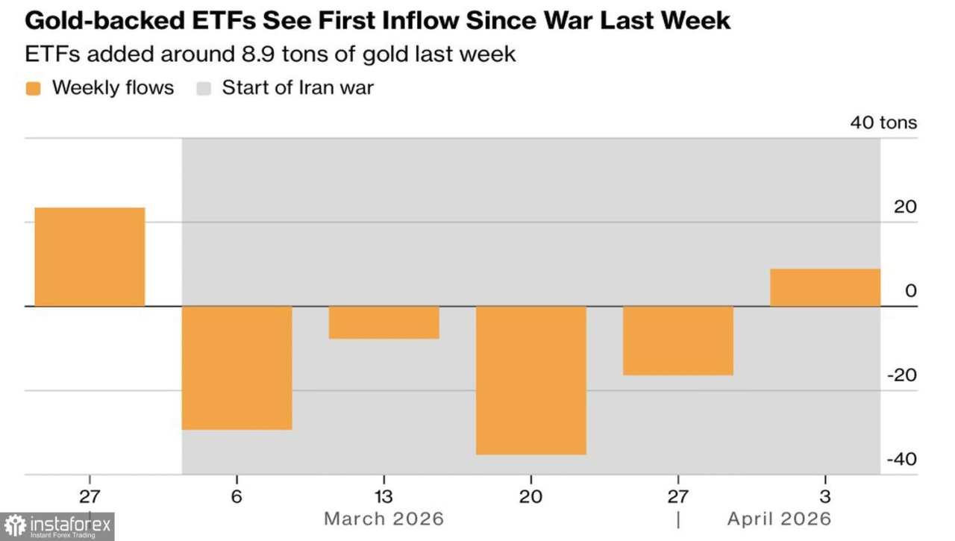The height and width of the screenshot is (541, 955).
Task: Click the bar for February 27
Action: click(90, 257)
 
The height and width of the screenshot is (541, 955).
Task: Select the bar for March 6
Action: click(237, 367)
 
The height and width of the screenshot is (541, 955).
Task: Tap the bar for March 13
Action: click(383, 322)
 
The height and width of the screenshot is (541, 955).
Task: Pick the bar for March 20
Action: click(530, 380)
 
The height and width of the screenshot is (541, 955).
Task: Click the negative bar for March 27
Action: click(677, 340)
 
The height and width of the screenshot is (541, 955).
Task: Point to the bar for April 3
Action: click(824, 287)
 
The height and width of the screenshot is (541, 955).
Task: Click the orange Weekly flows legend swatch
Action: click(33, 88)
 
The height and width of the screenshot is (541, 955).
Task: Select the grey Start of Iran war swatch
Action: click(204, 88)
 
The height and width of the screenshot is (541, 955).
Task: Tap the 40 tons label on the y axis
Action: click(883, 122)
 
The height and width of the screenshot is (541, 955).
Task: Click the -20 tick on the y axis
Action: click(901, 375)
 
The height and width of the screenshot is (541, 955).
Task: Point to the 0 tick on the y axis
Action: click(910, 291)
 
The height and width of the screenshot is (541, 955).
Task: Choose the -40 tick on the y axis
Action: click(901, 460)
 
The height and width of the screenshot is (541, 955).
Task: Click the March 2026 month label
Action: click(383, 518)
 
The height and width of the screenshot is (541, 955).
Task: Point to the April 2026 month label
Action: click(779, 518)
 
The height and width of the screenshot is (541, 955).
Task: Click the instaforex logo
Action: click(58, 526)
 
